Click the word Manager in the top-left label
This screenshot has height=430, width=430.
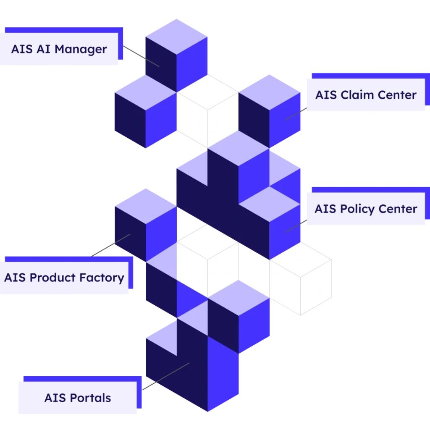(81, 50)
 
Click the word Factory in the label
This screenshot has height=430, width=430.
(102, 278)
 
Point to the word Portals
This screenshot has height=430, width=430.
(91, 398)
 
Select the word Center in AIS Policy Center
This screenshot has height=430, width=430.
(398, 209)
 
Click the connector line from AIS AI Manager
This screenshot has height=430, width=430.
(141, 56)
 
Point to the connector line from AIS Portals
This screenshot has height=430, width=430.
(166, 376)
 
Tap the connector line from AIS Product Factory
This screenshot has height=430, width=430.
(110, 245)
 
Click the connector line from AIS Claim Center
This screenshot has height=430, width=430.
(296, 114)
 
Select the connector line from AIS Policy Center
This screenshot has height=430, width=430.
(296, 226)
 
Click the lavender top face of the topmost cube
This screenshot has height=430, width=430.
(176, 37)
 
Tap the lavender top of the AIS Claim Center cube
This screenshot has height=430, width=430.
(269, 92)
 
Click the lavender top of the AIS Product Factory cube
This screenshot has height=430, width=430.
(146, 206)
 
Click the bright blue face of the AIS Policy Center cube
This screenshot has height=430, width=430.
(285, 232)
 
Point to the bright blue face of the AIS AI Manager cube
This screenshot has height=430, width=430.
(191, 64)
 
